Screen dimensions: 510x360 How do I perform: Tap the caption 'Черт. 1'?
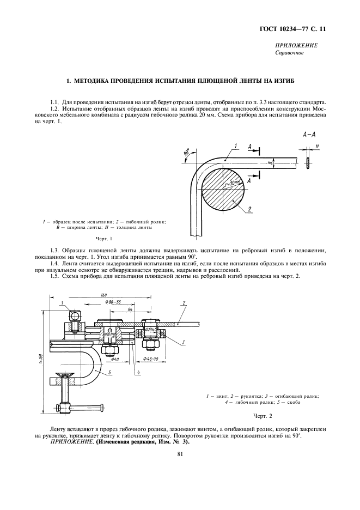[103, 239]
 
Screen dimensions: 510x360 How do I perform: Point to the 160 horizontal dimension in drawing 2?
[103, 295]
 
